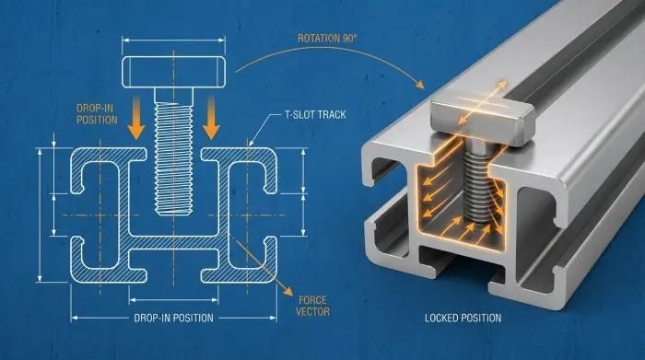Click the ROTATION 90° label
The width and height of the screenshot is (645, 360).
(327, 39)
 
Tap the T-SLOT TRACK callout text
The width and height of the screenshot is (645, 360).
(315, 115)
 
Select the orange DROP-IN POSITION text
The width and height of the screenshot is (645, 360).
(97, 114)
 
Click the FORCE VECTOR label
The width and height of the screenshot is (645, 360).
(312, 306)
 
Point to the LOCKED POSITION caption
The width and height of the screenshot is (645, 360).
(463, 318)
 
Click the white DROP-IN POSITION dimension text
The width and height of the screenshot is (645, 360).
(173, 318)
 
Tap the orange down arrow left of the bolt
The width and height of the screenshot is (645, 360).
(136, 118)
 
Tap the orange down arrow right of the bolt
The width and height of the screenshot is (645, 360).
(211, 118)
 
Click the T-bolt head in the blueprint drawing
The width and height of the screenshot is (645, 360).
(173, 72)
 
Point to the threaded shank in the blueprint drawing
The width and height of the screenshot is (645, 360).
(173, 151)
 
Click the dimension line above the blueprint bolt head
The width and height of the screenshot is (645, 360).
(173, 41)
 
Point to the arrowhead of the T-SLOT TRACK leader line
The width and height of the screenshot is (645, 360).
(250, 144)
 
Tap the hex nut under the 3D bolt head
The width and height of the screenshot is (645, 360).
(478, 145)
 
